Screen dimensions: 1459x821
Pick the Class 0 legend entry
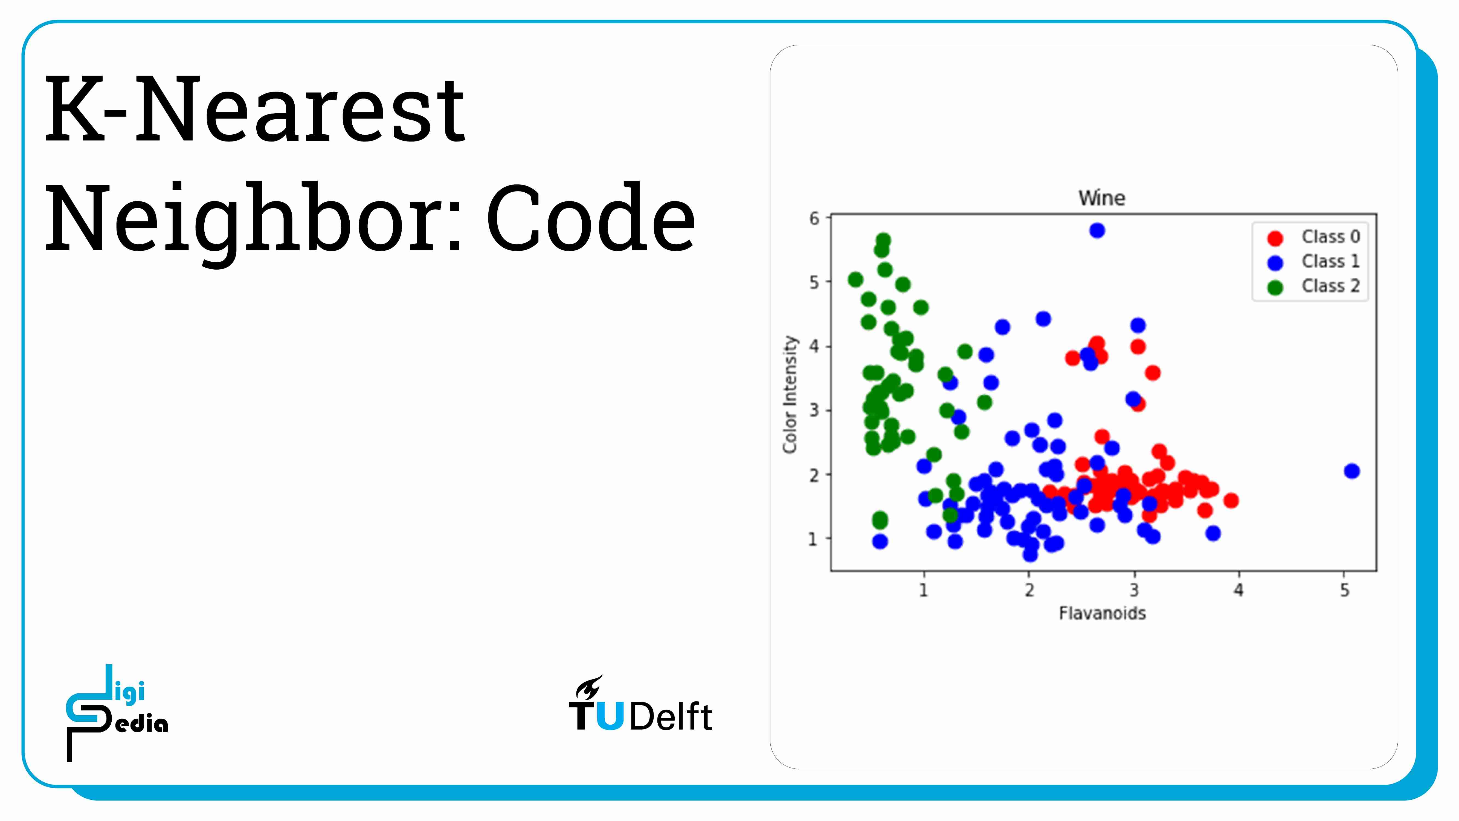1313,237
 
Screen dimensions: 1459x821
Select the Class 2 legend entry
1313,286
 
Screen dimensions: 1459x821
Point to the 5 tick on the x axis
1344,590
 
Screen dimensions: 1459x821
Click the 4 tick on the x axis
1239,590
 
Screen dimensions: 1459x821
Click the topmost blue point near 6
1097,231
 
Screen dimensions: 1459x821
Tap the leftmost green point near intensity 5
855,279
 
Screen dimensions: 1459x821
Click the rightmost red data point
1231,500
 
